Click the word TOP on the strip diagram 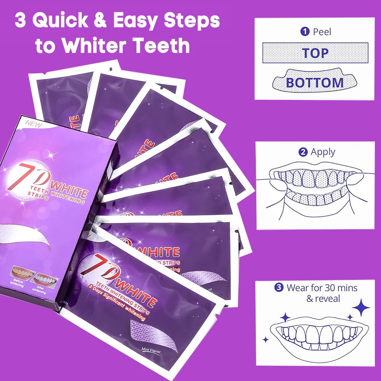[x=315, y=53]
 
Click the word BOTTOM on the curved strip [x=315, y=82]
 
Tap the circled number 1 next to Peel [x=305, y=32]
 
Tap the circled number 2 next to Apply [x=303, y=152]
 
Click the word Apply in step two [x=323, y=152]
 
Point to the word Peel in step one [x=322, y=32]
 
